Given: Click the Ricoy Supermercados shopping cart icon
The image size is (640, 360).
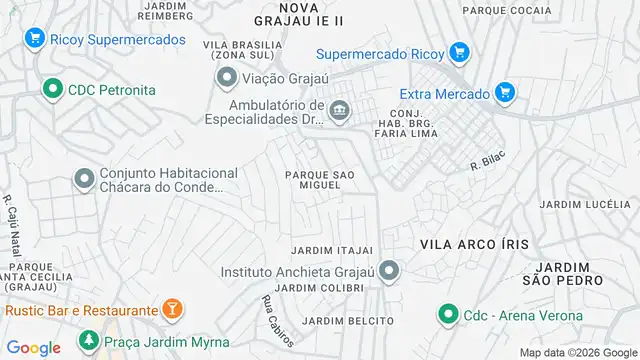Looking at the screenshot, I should coord(34,39).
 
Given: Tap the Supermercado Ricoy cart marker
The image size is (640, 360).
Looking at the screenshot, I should coord(459,52).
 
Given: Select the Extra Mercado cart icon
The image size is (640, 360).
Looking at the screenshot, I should coord(505,93).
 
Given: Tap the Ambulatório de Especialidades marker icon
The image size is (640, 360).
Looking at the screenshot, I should coord(340,109).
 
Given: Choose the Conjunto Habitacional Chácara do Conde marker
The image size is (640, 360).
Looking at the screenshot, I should coord(84,179).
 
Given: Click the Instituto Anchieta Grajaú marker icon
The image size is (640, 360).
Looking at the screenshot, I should coord(389,270).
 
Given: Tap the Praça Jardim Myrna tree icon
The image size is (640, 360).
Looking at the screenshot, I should coord(89,343).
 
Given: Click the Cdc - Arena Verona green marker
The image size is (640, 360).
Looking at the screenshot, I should coord(446,315).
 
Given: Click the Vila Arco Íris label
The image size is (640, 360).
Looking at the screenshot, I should coord(474,245).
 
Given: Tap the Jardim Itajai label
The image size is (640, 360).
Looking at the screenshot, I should coord(332,249).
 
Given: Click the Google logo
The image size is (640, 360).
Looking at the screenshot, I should coord(34,348).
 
